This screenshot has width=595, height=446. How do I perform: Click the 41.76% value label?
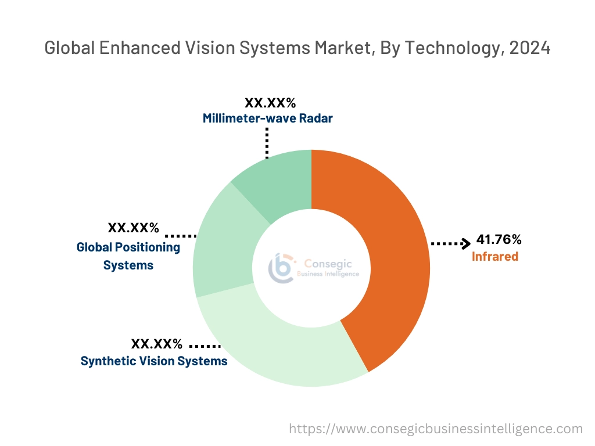pos(499,239)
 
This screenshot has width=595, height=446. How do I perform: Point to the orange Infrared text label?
pos(494,256)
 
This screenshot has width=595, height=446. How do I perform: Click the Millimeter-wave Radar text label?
pos(268,118)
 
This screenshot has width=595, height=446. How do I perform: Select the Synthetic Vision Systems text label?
pos(154,361)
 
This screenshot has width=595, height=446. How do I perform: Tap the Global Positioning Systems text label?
pos(128,256)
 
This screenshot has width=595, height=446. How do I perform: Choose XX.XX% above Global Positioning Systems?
pos(133,227)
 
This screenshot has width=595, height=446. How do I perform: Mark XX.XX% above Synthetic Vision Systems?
pos(156,343)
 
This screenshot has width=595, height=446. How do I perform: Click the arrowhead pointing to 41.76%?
pos(465,243)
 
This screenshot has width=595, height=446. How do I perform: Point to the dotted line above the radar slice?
pos(267,142)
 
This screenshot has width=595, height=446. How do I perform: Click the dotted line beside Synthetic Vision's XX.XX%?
pos(205,345)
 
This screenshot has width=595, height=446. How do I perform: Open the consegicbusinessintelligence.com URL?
pos(436,429)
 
